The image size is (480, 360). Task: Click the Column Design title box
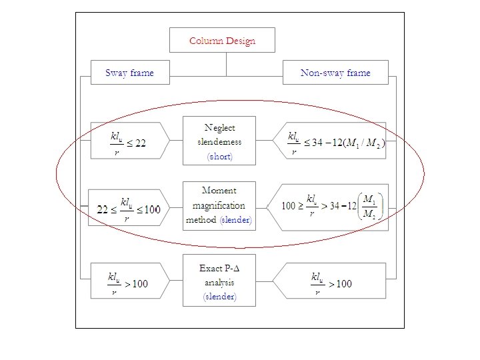pyautogui.click(x=222, y=40)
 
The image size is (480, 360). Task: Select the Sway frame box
pyautogui.click(x=129, y=73)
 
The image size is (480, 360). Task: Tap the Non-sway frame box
pyautogui.click(x=335, y=73)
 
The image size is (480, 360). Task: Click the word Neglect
pyautogui.click(x=219, y=127)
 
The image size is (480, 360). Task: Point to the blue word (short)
pyautogui.click(x=220, y=157)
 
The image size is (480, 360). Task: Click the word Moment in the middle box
pyautogui.click(x=219, y=191)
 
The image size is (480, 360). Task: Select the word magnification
pyautogui.click(x=219, y=205)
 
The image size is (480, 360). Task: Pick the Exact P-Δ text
pyautogui.click(x=219, y=268)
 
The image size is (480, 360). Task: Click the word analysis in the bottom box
pyautogui.click(x=219, y=282)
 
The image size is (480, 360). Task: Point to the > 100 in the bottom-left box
pyautogui.click(x=137, y=284)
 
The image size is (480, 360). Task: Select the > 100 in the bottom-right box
pyautogui.click(x=339, y=284)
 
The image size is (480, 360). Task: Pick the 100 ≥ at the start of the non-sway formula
pyautogui.click(x=292, y=206)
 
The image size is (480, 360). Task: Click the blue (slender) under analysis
pyautogui.click(x=219, y=297)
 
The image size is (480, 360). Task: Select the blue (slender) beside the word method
pyautogui.click(x=236, y=220)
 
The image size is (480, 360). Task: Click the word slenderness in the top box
pyautogui.click(x=219, y=141)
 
